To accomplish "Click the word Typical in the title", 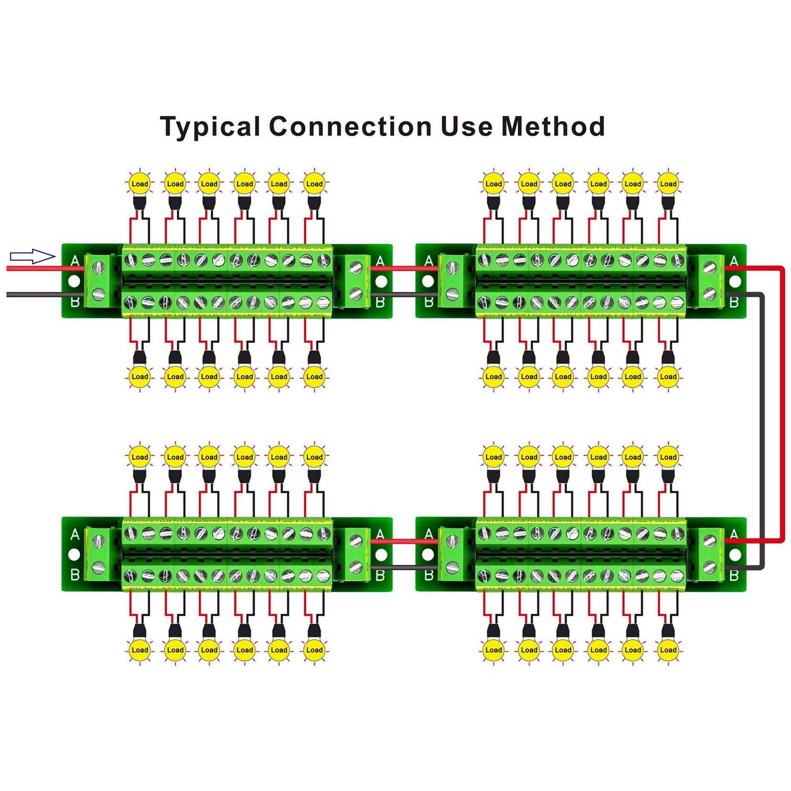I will pos(210,127).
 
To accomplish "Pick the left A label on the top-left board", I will pos(75,261).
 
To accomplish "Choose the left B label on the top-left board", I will pos(75,302).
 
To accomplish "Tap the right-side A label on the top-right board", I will pos(734,261).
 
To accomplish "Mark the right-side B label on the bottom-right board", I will pos(734,575).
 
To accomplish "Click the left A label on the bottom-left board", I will pos(75,534).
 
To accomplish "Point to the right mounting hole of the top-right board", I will pos(734,281).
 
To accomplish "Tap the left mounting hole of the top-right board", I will pos(428,281).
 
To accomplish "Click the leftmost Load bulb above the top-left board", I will pos(140,184).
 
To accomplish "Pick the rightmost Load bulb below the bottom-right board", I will pos(668,650).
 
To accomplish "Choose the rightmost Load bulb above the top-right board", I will pos(668,184).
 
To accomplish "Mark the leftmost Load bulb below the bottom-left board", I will pos(140,650).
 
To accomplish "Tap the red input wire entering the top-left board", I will pos(42,268).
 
